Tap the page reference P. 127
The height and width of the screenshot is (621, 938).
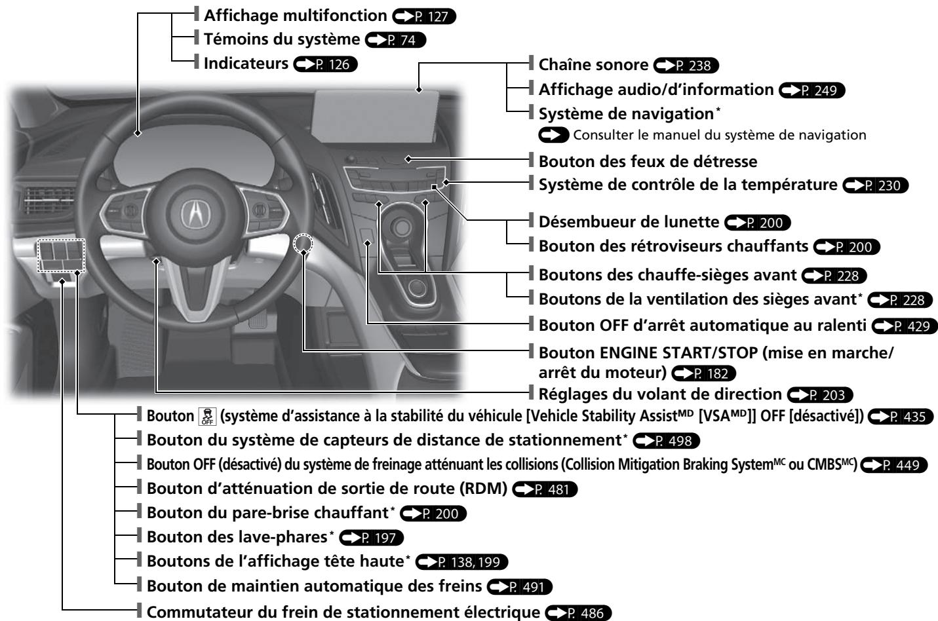point(423,16)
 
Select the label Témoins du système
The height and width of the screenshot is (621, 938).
point(281,39)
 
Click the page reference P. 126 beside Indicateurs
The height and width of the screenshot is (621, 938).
point(326,64)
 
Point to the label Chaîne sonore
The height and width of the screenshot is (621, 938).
point(593,65)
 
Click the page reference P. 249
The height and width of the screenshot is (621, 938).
point(812,90)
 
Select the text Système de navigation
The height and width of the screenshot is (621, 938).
point(625,114)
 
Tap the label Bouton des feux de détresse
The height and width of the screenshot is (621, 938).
point(648,161)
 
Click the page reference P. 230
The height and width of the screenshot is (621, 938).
point(876,185)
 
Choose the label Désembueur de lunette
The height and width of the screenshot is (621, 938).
point(629,222)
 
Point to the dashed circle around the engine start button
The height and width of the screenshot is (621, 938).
point(303,244)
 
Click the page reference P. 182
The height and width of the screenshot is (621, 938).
point(704,373)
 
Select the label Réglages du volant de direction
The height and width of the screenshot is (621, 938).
point(660,394)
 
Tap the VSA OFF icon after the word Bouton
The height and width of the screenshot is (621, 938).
point(207,417)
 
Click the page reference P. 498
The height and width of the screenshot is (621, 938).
point(667,441)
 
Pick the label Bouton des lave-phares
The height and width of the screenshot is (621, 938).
point(237,537)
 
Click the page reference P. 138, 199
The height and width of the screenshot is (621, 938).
point(462,562)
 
